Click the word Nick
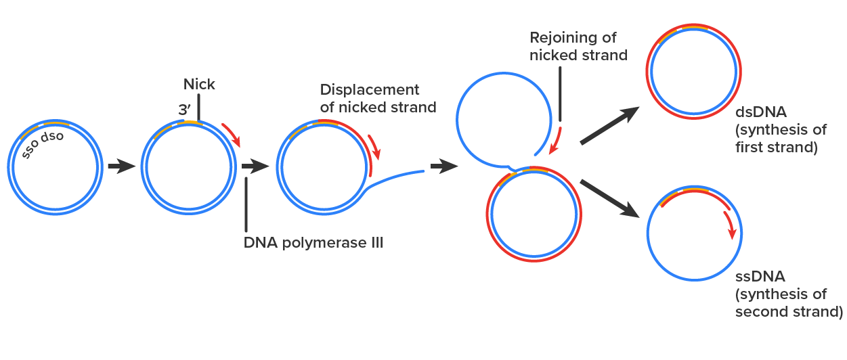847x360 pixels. point(199,85)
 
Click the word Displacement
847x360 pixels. point(370,90)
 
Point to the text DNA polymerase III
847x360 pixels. point(313,242)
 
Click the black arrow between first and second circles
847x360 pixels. point(122,166)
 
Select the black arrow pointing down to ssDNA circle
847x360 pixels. point(611,198)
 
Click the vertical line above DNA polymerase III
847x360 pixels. point(246,203)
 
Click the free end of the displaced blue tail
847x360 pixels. point(422,171)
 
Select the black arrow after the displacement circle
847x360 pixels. point(444,166)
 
